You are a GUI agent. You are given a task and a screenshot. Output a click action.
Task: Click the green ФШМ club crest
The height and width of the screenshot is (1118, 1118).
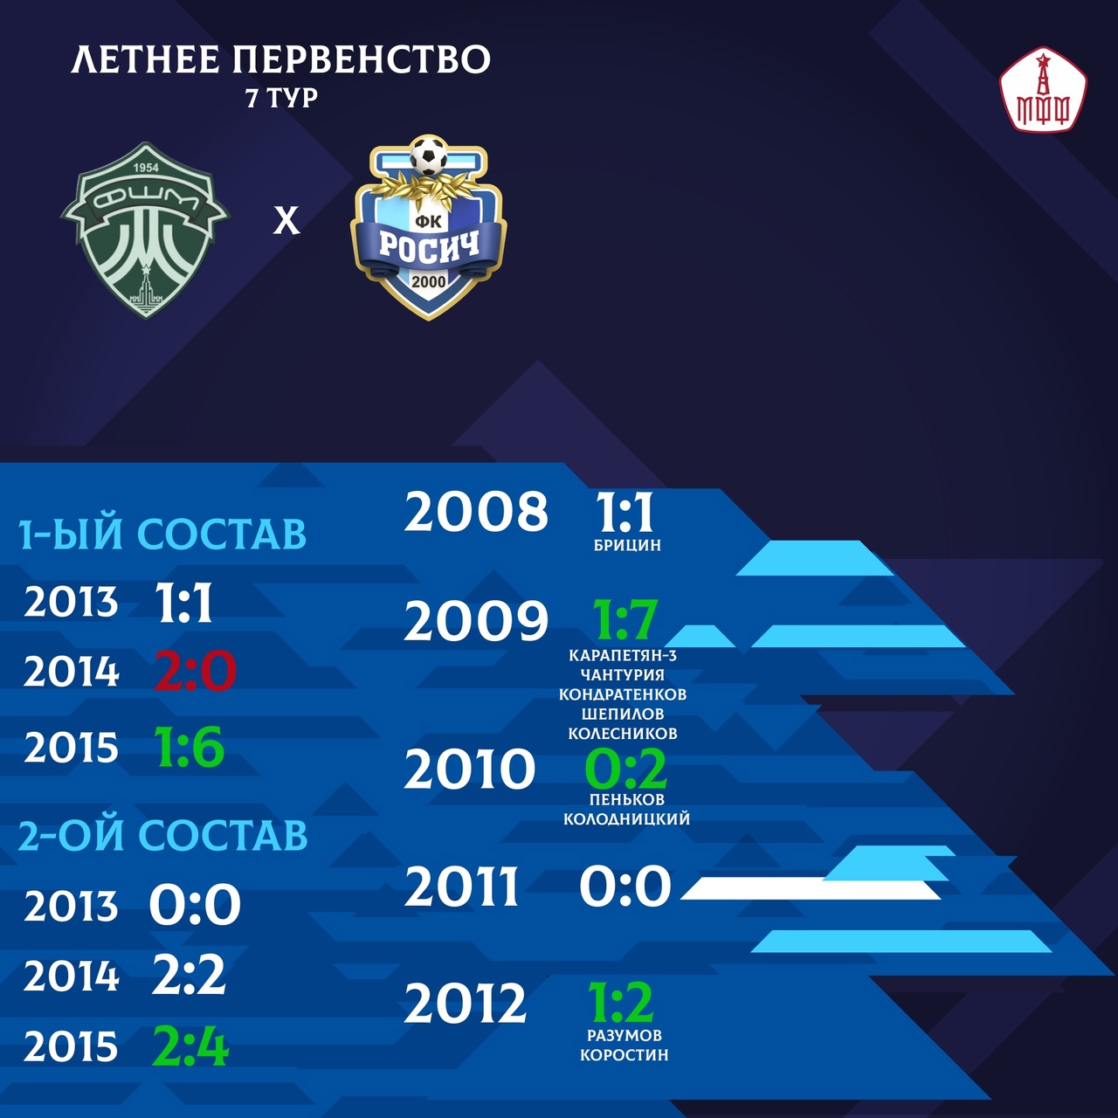(x=145, y=231)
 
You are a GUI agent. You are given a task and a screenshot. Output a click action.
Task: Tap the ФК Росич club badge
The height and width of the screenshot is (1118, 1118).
(x=429, y=227)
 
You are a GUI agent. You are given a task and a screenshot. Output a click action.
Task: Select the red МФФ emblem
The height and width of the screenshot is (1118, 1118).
(x=1043, y=89)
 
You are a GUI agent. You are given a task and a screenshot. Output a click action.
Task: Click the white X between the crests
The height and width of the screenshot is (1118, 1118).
(x=286, y=221)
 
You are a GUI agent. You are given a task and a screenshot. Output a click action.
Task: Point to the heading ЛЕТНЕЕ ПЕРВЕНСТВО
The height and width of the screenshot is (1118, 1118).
(x=280, y=59)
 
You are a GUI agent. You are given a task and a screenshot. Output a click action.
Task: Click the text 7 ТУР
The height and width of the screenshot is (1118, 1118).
(x=282, y=99)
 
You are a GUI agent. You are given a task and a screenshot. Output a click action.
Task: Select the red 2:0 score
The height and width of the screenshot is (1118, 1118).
(x=195, y=672)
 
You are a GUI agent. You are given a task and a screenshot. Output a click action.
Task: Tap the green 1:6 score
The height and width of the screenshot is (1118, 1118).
(x=190, y=747)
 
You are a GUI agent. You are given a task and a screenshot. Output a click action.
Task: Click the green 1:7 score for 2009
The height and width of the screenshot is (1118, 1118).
(x=624, y=619)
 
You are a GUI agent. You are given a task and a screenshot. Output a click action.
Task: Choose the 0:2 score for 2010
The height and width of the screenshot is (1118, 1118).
(x=625, y=768)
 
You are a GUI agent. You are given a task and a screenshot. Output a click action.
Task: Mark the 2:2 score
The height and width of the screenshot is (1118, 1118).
(x=188, y=975)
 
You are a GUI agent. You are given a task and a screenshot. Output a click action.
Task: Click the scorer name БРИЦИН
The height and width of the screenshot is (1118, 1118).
(x=627, y=545)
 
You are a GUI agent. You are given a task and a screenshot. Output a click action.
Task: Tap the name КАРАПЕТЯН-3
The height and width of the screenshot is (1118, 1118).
(x=623, y=656)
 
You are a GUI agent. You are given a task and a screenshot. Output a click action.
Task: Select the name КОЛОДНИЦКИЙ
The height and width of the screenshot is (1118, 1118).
(x=626, y=818)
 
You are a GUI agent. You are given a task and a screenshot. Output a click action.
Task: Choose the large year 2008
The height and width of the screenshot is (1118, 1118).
(x=476, y=511)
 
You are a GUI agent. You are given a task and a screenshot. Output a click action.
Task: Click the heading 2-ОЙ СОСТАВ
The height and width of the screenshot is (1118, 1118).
(x=162, y=836)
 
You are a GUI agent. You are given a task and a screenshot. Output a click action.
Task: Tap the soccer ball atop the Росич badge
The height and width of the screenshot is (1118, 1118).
(x=429, y=156)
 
